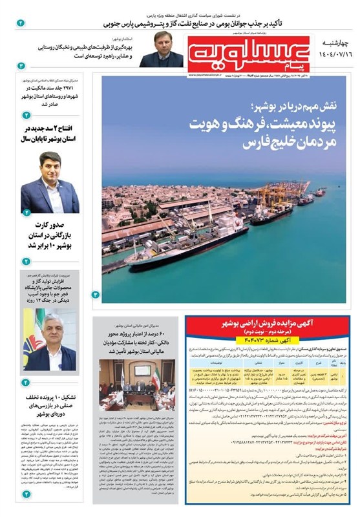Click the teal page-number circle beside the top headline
click(x=21, y=23)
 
